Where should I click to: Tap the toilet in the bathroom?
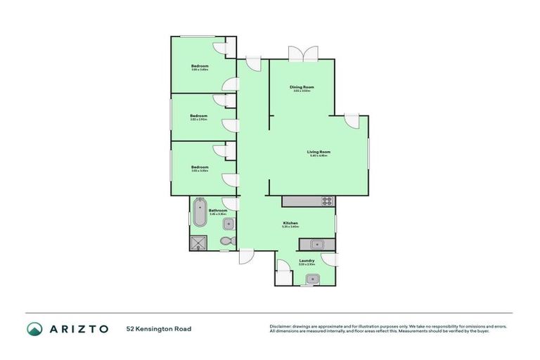[226, 240]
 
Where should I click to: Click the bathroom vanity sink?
[229, 224]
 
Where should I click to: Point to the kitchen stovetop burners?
[327, 201]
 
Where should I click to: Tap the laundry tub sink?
[311, 279]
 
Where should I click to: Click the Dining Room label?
[302, 87]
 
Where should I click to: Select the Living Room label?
[318, 152]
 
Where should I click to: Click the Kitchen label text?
[290, 223]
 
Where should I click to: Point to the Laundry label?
[306, 260]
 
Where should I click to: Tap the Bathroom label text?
[218, 210]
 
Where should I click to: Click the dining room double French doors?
[302, 54]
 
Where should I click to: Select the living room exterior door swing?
[352, 120]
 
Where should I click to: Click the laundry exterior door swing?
[328, 259]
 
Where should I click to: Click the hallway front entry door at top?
[253, 62]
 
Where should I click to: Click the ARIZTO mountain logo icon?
[34, 328]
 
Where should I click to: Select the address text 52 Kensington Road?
[158, 328]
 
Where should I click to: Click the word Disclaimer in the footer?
[281, 326]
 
